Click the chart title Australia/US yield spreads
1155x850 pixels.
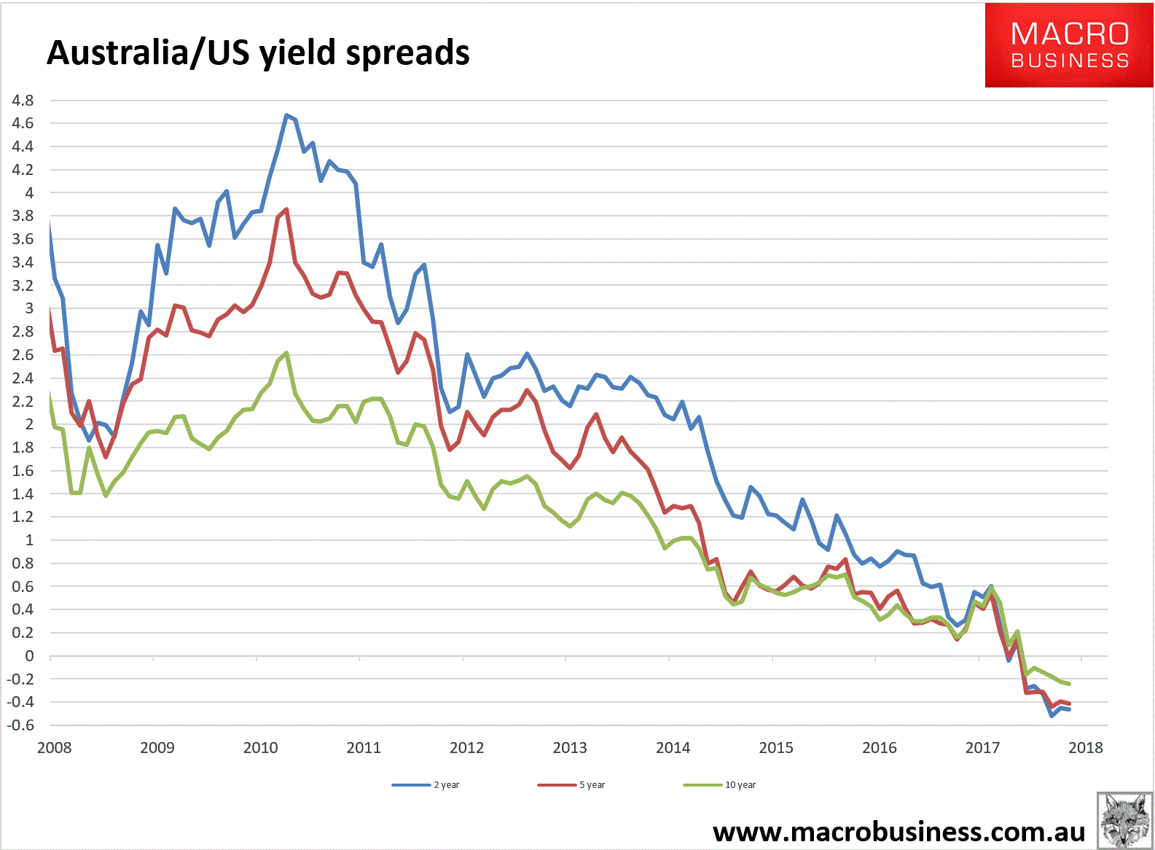click(x=258, y=53)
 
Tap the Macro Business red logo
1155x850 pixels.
click(x=1069, y=45)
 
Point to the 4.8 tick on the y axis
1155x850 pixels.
click(x=23, y=101)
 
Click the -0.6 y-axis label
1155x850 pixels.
click(x=21, y=725)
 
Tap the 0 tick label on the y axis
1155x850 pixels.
click(x=29, y=656)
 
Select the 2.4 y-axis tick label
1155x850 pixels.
click(x=23, y=378)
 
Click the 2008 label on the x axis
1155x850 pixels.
click(x=54, y=748)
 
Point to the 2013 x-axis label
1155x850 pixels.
click(x=570, y=748)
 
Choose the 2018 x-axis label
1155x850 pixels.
click(x=1086, y=748)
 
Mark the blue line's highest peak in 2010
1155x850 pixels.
click(x=286, y=115)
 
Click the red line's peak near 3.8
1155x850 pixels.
click(x=286, y=209)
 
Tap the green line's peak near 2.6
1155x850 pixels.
click(x=286, y=353)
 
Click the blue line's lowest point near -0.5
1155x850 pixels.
click(x=1052, y=716)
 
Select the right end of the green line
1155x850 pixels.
click(x=1069, y=684)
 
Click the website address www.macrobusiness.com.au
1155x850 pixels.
click(x=898, y=832)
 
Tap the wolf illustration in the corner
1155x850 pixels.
click(x=1124, y=821)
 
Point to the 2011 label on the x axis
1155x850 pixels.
click(x=364, y=748)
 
